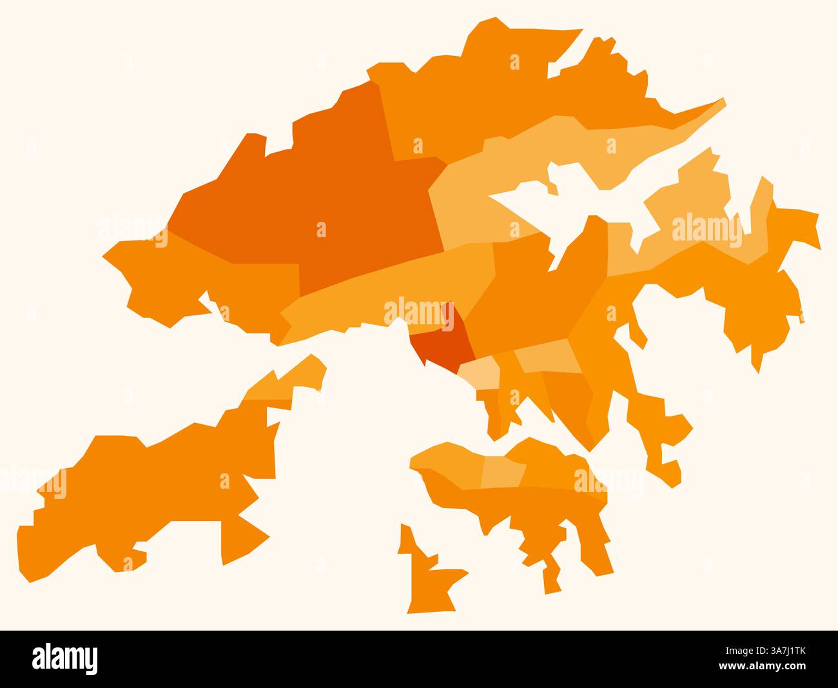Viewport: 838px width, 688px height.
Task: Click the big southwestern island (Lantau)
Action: [161, 490]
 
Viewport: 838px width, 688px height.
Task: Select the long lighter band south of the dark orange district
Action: [387, 290]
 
